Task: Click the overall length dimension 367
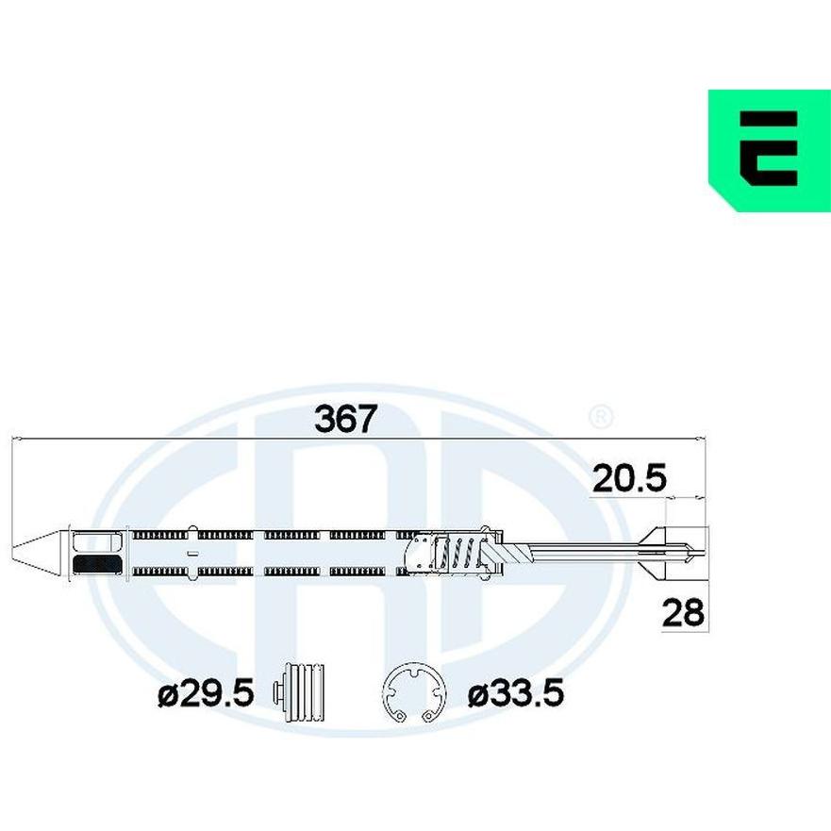pyautogui.click(x=345, y=418)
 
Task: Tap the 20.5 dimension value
pyautogui.click(x=629, y=478)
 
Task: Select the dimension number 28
pyautogui.click(x=684, y=613)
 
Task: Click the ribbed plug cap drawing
pyautogui.click(x=298, y=691)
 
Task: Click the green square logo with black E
pyautogui.click(x=770, y=151)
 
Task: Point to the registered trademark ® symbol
pyautogui.click(x=601, y=418)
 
